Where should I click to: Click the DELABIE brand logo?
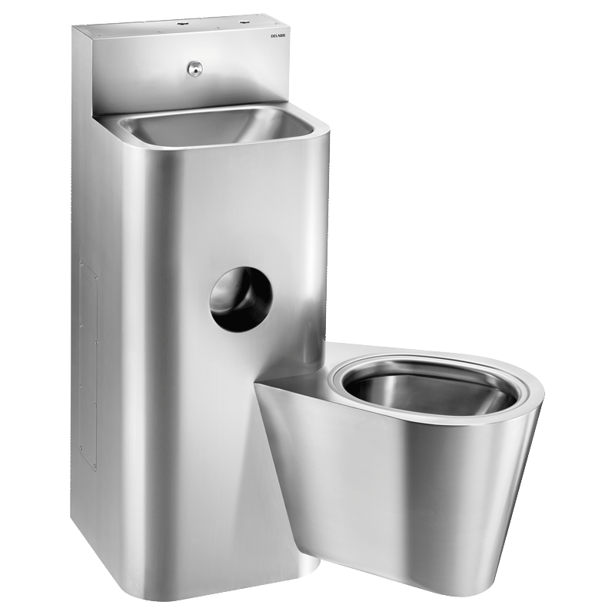pos(278,36)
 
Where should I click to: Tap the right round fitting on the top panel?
pos(247,23)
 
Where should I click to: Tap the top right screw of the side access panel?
pos(96,277)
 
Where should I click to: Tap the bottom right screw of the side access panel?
pos(95,466)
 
